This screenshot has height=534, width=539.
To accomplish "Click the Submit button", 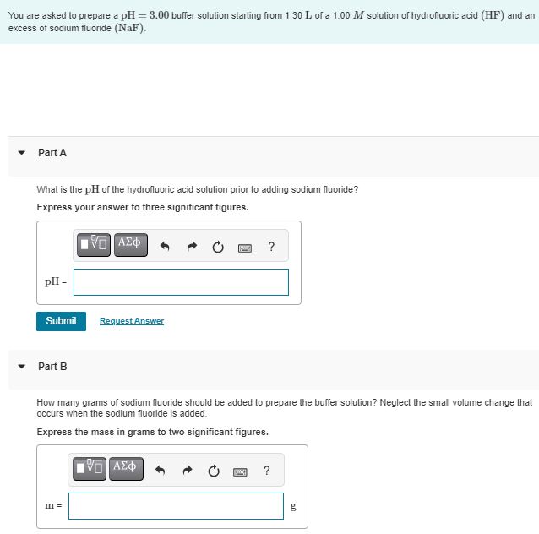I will point(61,321).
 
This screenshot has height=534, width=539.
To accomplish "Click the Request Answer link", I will point(132,321).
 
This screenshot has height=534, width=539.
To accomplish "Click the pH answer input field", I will point(181,282).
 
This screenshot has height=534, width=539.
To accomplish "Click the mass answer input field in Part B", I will point(176,507).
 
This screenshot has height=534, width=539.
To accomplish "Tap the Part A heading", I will point(52,153).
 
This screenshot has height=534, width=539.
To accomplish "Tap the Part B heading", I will point(52,367).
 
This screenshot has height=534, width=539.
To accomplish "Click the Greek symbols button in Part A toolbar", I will point(129,245).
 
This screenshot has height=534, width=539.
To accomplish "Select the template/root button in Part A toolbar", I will point(94,245).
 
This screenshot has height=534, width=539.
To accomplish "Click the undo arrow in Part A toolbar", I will point(166,248).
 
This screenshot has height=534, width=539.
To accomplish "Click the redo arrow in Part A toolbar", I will point(193,248).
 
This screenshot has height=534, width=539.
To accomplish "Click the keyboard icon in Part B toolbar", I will point(240,471).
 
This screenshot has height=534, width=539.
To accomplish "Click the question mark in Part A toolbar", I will point(270,247).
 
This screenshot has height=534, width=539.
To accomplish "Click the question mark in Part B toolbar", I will point(267,470).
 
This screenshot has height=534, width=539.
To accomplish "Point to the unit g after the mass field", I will point(293,507).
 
